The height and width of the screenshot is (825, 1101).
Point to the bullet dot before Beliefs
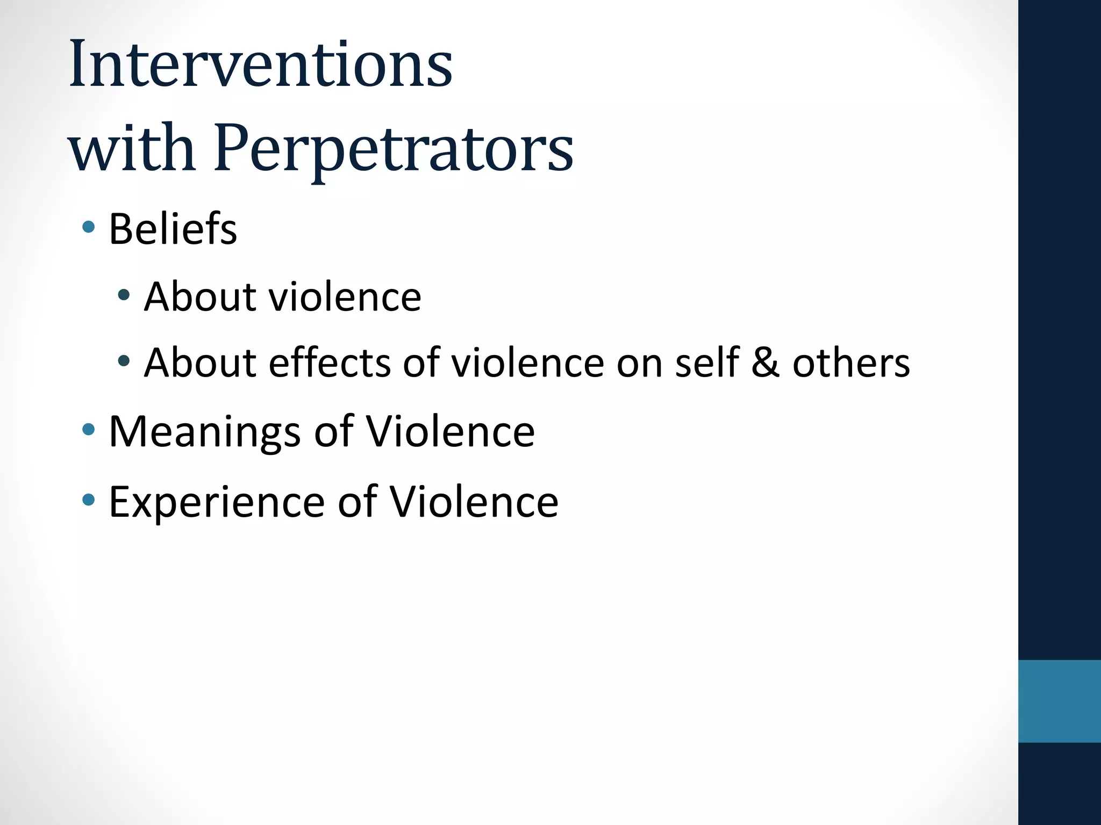(x=89, y=227)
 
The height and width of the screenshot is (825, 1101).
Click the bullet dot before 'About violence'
(x=124, y=294)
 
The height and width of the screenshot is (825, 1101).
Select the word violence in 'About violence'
(x=345, y=297)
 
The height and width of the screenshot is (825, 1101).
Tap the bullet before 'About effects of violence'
(x=124, y=360)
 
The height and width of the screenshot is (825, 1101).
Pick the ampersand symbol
(x=764, y=363)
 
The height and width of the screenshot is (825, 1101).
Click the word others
(x=851, y=363)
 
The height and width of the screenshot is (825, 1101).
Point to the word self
(x=707, y=363)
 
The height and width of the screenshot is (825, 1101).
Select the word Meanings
(x=204, y=432)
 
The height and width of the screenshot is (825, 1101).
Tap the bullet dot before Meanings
(x=89, y=429)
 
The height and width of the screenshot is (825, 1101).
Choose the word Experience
(x=217, y=502)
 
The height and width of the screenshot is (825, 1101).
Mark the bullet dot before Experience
(x=89, y=500)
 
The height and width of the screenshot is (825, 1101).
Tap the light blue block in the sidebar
(x=1059, y=701)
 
